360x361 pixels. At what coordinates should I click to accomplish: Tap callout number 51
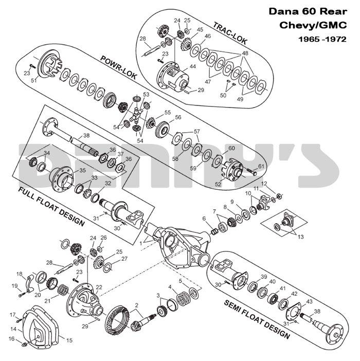[x=34, y=80]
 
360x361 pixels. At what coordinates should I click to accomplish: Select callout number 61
[x=261, y=166]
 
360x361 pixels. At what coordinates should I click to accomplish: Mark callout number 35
[x=82, y=170]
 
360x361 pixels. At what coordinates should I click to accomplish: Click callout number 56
[x=178, y=117]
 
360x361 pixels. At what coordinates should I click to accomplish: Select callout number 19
[x=14, y=285]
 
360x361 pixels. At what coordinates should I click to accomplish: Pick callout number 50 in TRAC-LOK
[x=223, y=95]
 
